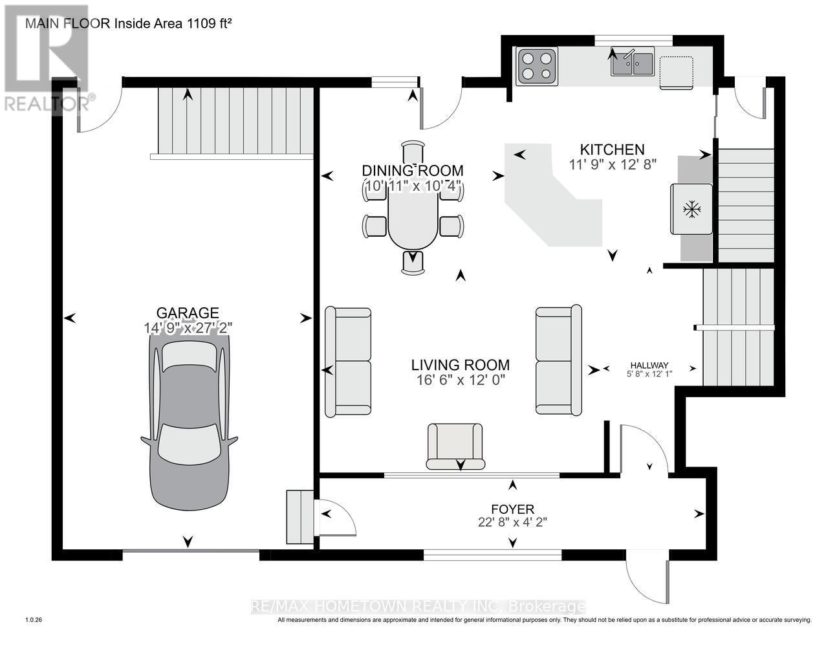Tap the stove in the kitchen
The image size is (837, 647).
536,66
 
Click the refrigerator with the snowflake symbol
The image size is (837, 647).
692,209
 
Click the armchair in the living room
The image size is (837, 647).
455,446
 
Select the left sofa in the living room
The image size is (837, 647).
349,361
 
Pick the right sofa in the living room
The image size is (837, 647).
558,360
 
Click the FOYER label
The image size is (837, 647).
512,509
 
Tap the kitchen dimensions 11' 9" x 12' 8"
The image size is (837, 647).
613,164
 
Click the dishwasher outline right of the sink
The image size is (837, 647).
676,72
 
